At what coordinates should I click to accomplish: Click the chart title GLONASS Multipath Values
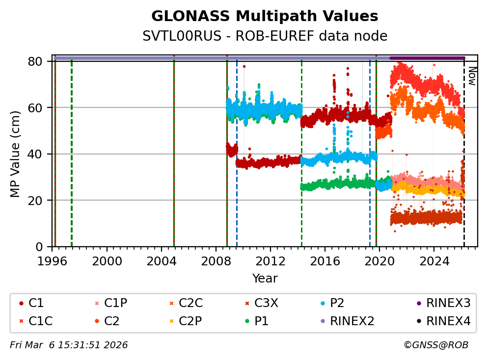tap(265, 16)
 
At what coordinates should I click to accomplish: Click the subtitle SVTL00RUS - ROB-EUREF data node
tap(265, 36)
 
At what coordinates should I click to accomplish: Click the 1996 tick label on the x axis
tap(53, 260)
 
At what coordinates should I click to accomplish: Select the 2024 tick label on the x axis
tap(434, 260)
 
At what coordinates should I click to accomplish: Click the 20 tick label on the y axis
tap(39, 200)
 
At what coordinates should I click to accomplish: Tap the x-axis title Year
tap(265, 279)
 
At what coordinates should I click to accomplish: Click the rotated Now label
tap(471, 76)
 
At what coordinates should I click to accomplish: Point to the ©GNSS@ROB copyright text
tap(435, 345)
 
